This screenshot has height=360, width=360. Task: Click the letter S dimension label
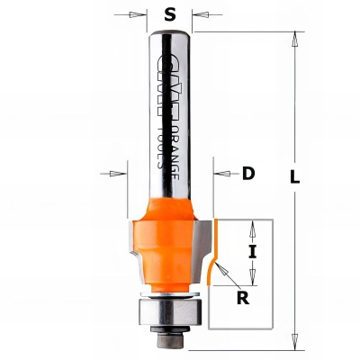(169, 13)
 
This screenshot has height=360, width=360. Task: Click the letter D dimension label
(247, 175)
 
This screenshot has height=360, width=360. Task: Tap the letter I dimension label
(252, 253)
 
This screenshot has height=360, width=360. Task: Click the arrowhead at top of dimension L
(293, 38)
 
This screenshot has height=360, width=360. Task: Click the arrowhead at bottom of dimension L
(293, 343)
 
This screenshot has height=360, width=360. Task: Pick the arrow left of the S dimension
(136, 14)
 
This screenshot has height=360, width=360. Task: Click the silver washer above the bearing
(169, 292)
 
